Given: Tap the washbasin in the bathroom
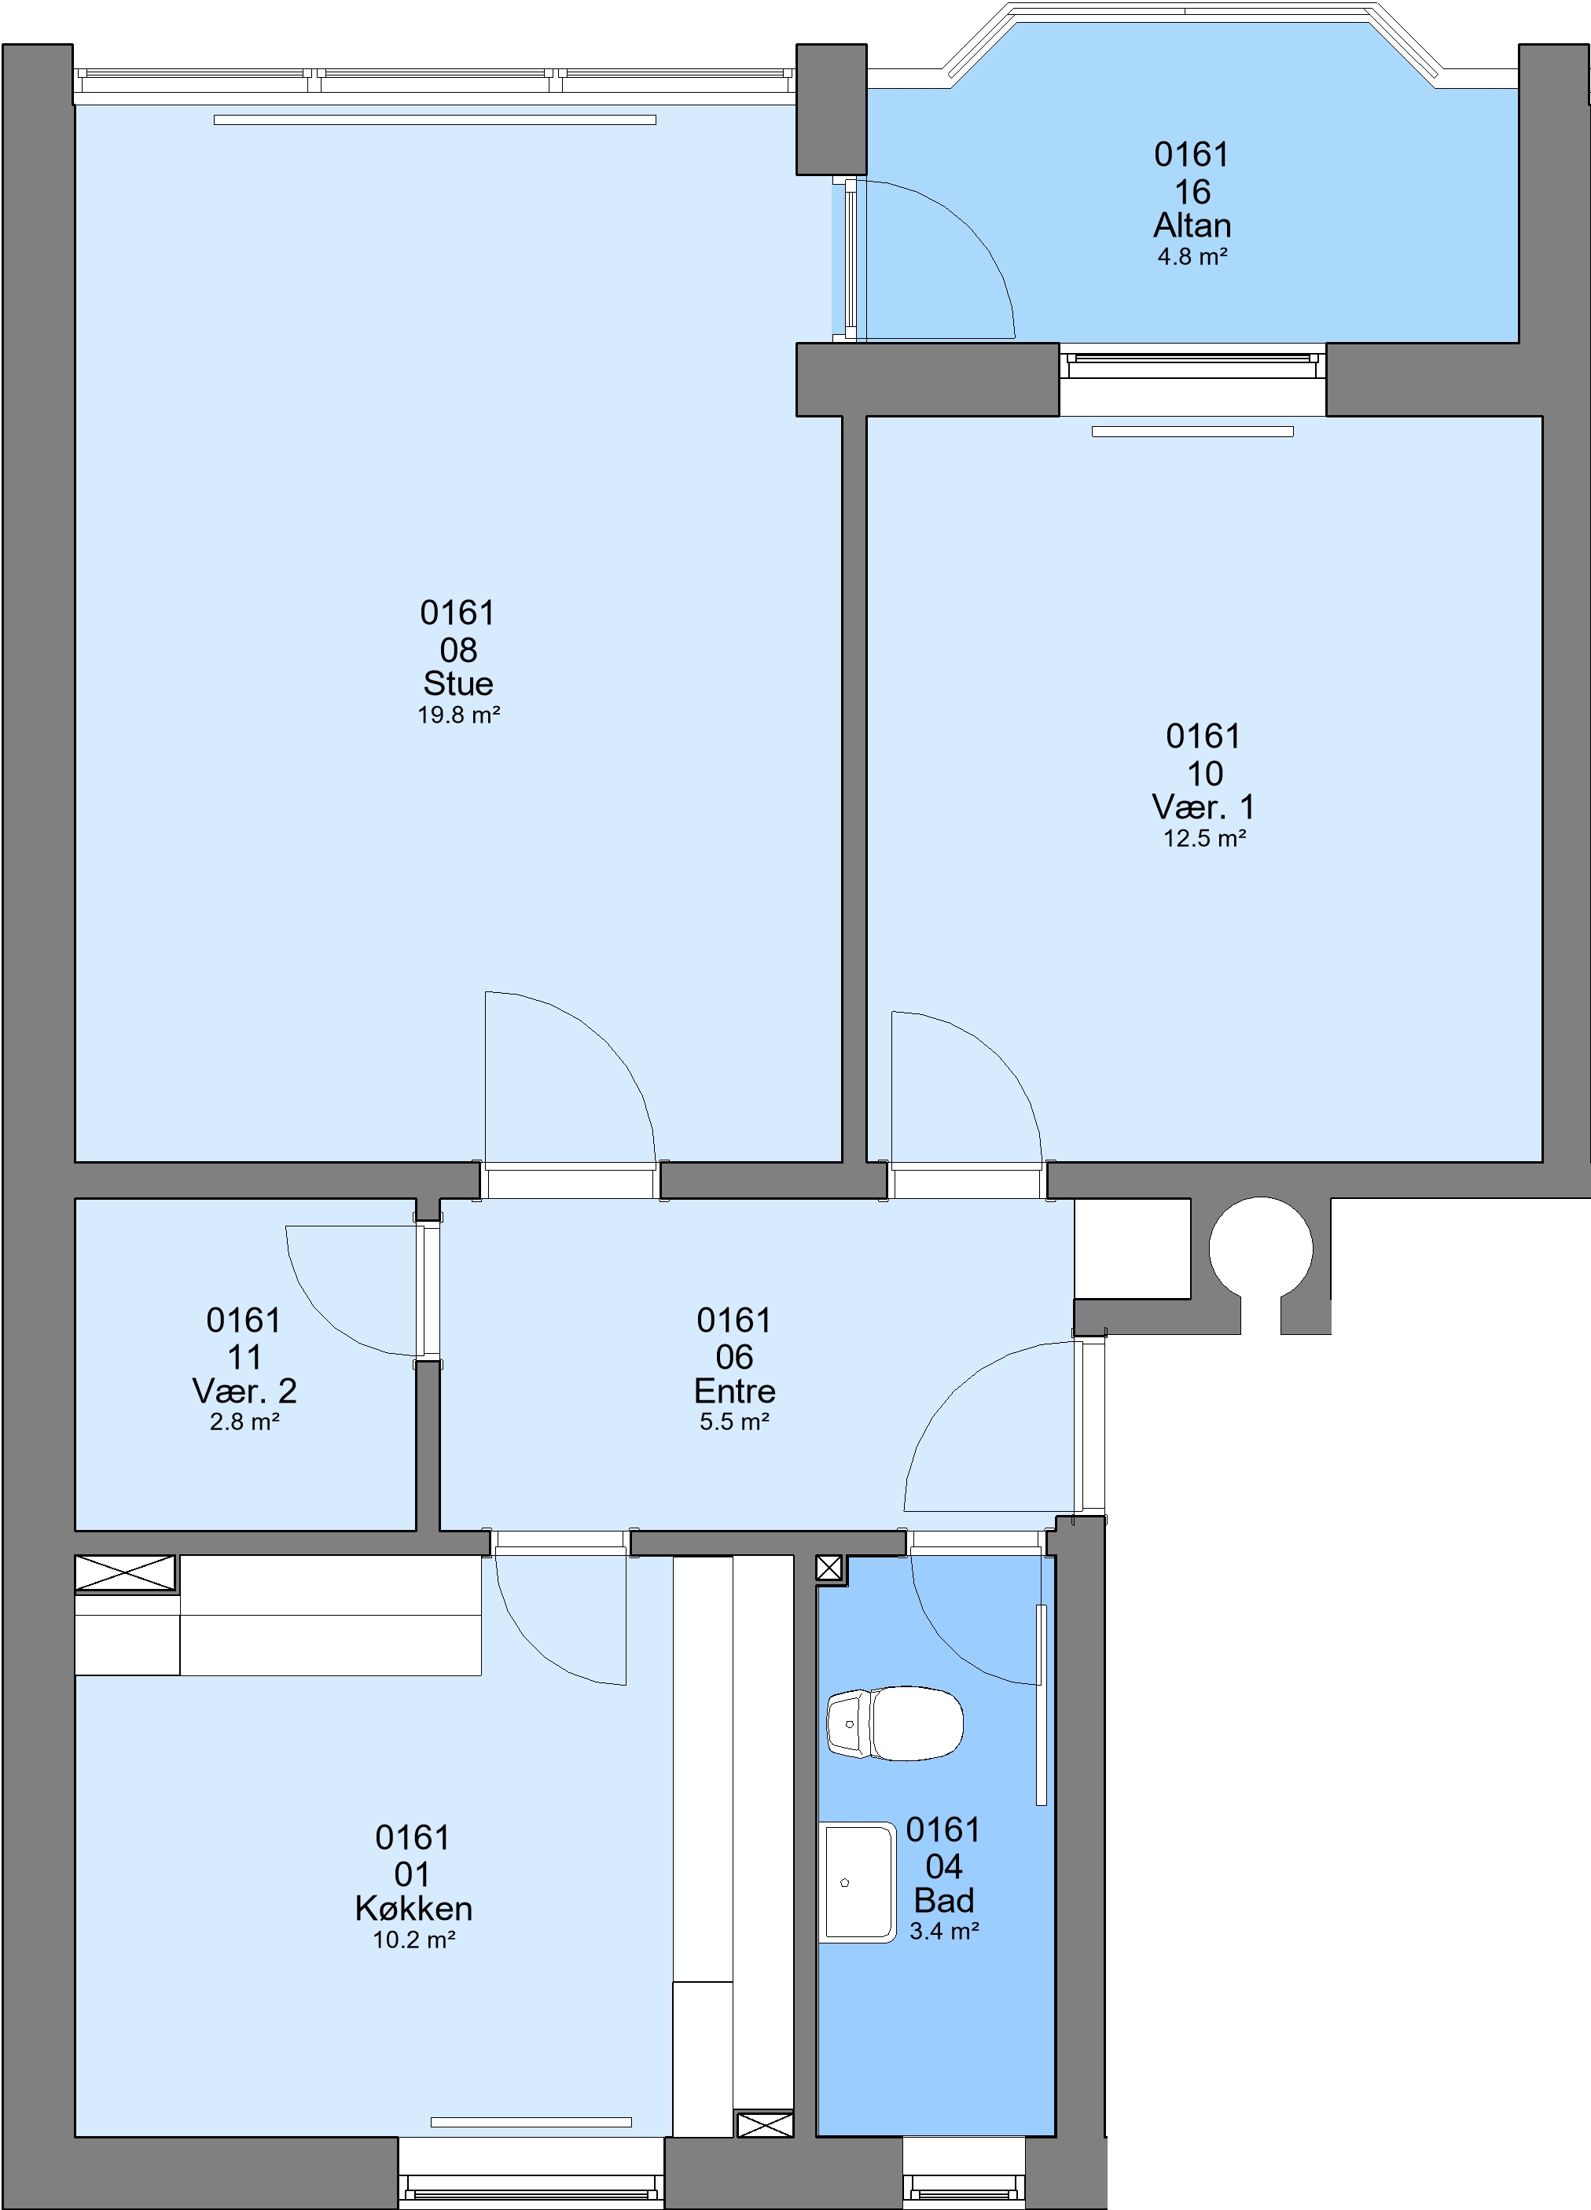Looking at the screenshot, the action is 858,1881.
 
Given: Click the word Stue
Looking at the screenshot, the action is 458,683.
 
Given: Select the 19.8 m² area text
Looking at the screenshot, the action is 459,715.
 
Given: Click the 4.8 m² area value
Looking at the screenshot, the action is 1192,257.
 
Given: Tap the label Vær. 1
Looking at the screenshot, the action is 1203,807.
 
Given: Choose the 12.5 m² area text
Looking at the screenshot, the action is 1204,839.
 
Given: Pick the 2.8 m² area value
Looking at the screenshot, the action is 244,1421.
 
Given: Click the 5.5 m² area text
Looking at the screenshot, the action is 735,1421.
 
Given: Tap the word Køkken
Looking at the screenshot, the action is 413,1908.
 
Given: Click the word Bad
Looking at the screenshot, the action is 943,1900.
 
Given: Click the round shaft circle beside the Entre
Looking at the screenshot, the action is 1261,1248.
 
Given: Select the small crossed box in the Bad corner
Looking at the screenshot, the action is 830,1568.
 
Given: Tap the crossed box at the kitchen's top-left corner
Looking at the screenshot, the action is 126,1574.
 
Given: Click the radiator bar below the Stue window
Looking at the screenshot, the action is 435,120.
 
